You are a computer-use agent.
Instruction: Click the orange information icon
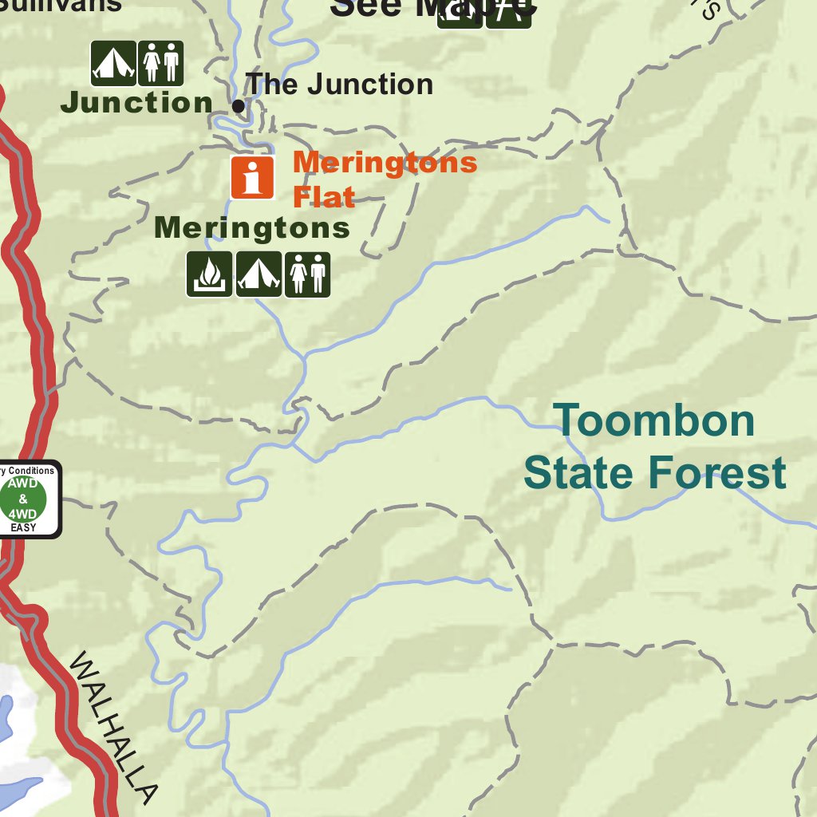(x=253, y=177)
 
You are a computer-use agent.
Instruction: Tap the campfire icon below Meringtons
(x=210, y=274)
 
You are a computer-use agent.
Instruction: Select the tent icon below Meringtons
(x=259, y=274)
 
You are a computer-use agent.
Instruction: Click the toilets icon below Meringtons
(x=307, y=274)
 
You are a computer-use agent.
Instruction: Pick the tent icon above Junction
(x=113, y=63)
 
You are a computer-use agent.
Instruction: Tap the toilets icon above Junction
(x=161, y=63)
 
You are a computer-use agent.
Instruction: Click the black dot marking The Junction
(x=238, y=105)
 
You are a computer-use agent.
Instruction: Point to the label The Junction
(x=339, y=84)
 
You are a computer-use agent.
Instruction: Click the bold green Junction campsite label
(x=136, y=102)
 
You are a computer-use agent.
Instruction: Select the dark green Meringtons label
(x=252, y=227)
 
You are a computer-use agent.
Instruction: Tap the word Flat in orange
(x=324, y=196)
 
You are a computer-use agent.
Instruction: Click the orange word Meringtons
(x=385, y=163)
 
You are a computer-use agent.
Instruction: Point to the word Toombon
(x=654, y=420)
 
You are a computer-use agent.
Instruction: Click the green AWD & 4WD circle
(x=22, y=499)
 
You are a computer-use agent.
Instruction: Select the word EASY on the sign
(x=22, y=527)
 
